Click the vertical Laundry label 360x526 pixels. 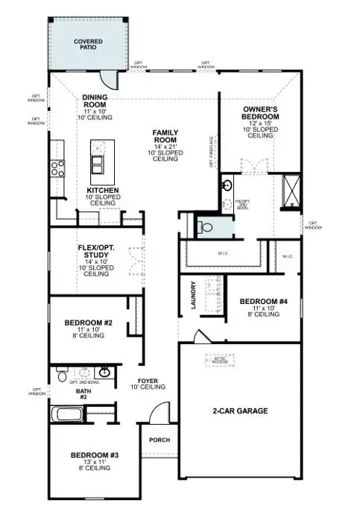[193, 295]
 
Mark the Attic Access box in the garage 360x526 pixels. [218, 360]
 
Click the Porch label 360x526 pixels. [160, 440]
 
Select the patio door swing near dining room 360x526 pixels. [110, 77]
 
